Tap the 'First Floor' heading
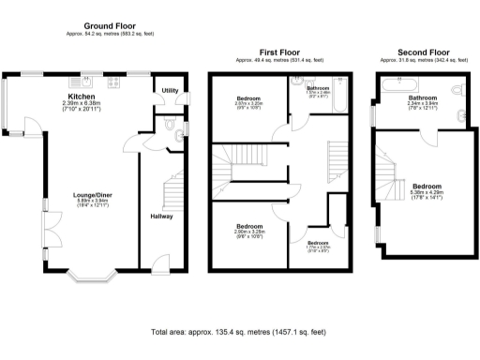pos(279,53)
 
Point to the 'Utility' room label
pos(170,91)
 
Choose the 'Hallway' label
pos(161,217)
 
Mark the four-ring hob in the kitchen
pos(113,81)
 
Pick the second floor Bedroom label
pos(427,187)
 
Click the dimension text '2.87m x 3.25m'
pos(248,103)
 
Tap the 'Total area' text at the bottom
pos(239,332)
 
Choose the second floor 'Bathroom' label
pos(423,97)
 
